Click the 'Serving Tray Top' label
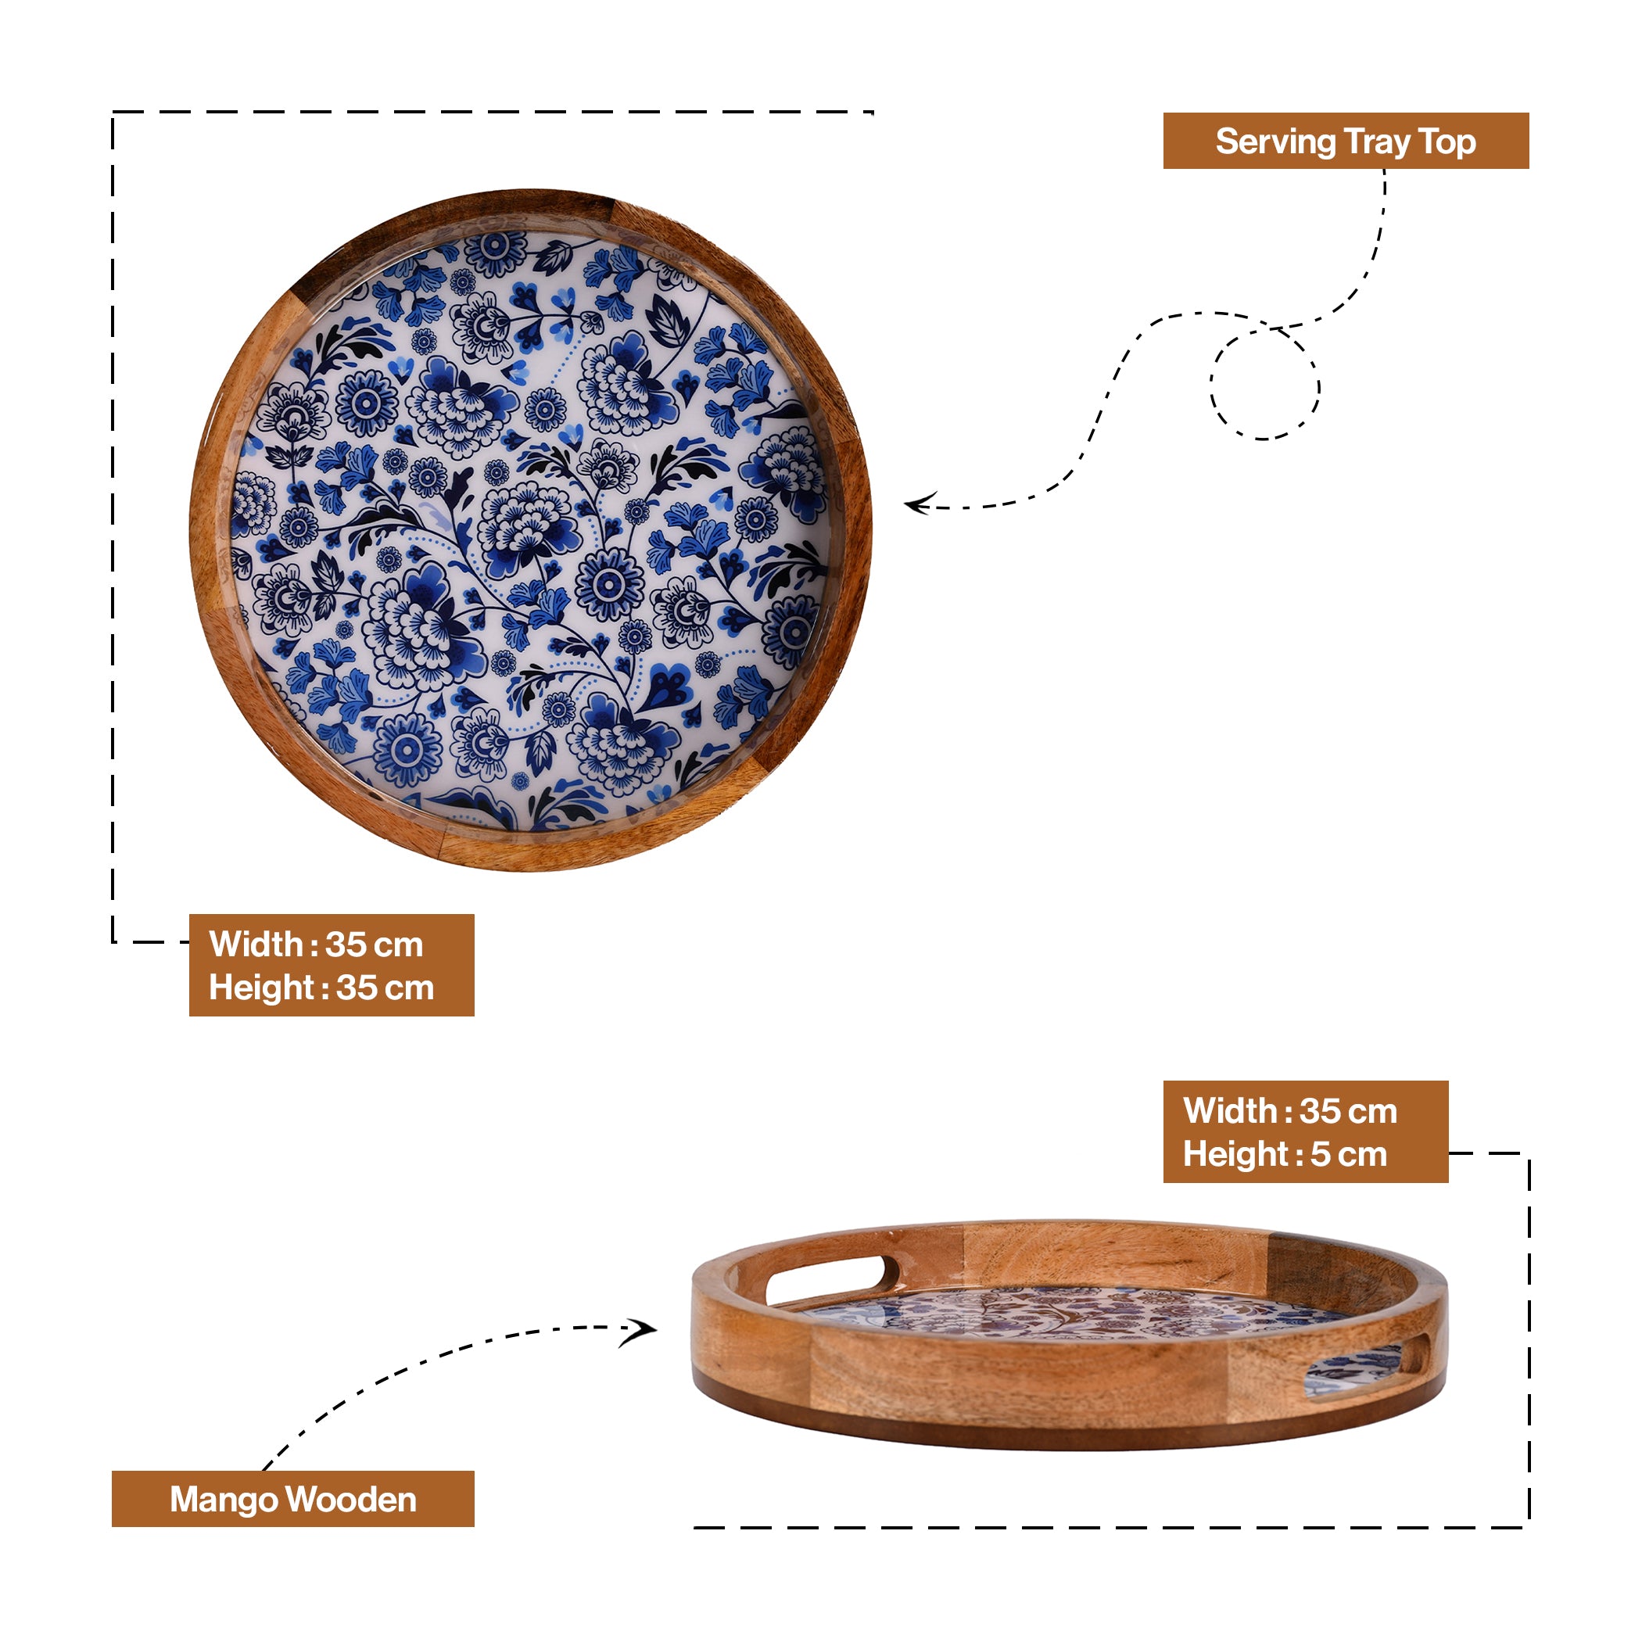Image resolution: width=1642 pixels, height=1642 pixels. (x=1346, y=141)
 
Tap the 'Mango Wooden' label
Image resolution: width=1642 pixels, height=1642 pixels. (x=293, y=1499)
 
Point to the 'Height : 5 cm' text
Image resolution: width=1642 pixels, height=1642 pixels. (x=1285, y=1154)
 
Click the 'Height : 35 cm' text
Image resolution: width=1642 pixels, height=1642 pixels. (x=321, y=988)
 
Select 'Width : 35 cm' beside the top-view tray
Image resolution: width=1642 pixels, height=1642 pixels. (x=316, y=945)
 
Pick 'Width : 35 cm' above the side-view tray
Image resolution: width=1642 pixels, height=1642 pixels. (x=1290, y=1111)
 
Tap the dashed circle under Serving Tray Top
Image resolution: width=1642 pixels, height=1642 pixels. (x=1264, y=384)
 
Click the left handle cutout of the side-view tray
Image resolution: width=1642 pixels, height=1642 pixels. (x=832, y=1279)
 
